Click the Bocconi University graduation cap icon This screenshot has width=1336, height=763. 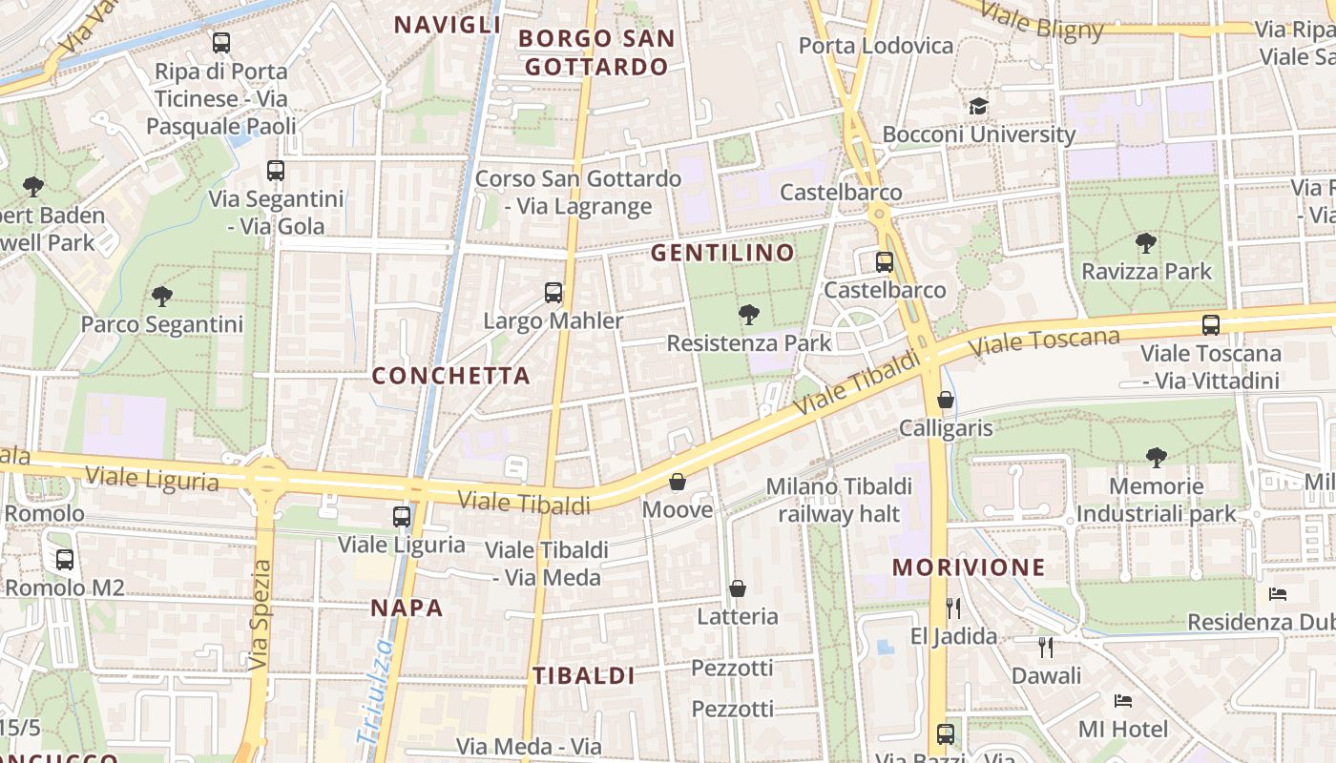pyautogui.click(x=978, y=106)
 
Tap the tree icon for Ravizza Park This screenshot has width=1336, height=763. pyautogui.click(x=1146, y=243)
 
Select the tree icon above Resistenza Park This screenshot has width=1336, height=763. pyautogui.click(x=749, y=314)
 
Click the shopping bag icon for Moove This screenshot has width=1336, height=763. pyautogui.click(x=678, y=482)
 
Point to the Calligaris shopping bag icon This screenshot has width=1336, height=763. pyautogui.click(x=946, y=400)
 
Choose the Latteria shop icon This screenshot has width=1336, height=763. pyautogui.click(x=738, y=588)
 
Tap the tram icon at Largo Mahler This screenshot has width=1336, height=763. pyautogui.click(x=553, y=293)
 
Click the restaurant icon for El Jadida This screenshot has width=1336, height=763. pyautogui.click(x=952, y=608)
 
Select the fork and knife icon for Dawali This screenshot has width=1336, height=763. pyautogui.click(x=1046, y=648)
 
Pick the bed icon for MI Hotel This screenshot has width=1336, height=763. pyautogui.click(x=1123, y=701)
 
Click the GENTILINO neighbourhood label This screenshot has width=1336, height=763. pyautogui.click(x=722, y=253)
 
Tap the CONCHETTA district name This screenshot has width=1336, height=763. pyautogui.click(x=450, y=376)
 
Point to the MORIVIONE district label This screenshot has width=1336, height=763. pyautogui.click(x=969, y=567)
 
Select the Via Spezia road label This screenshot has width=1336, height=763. pyautogui.click(x=259, y=615)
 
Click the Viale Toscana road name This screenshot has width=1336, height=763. pyautogui.click(x=1045, y=343)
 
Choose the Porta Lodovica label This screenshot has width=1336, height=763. pyautogui.click(x=875, y=46)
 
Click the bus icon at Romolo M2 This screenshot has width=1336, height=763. pyautogui.click(x=65, y=560)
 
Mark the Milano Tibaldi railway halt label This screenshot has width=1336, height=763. pyautogui.click(x=839, y=501)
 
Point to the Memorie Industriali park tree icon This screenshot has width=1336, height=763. pyautogui.click(x=1157, y=458)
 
